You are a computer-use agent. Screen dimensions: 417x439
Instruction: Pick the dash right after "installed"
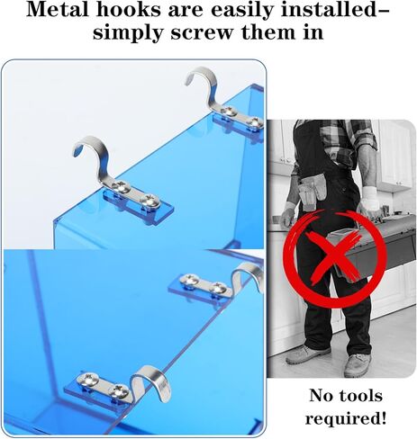pos(381,12)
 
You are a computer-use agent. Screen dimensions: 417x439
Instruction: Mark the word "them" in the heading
pos(268,32)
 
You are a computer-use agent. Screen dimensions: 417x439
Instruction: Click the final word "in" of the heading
pos(313,32)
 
